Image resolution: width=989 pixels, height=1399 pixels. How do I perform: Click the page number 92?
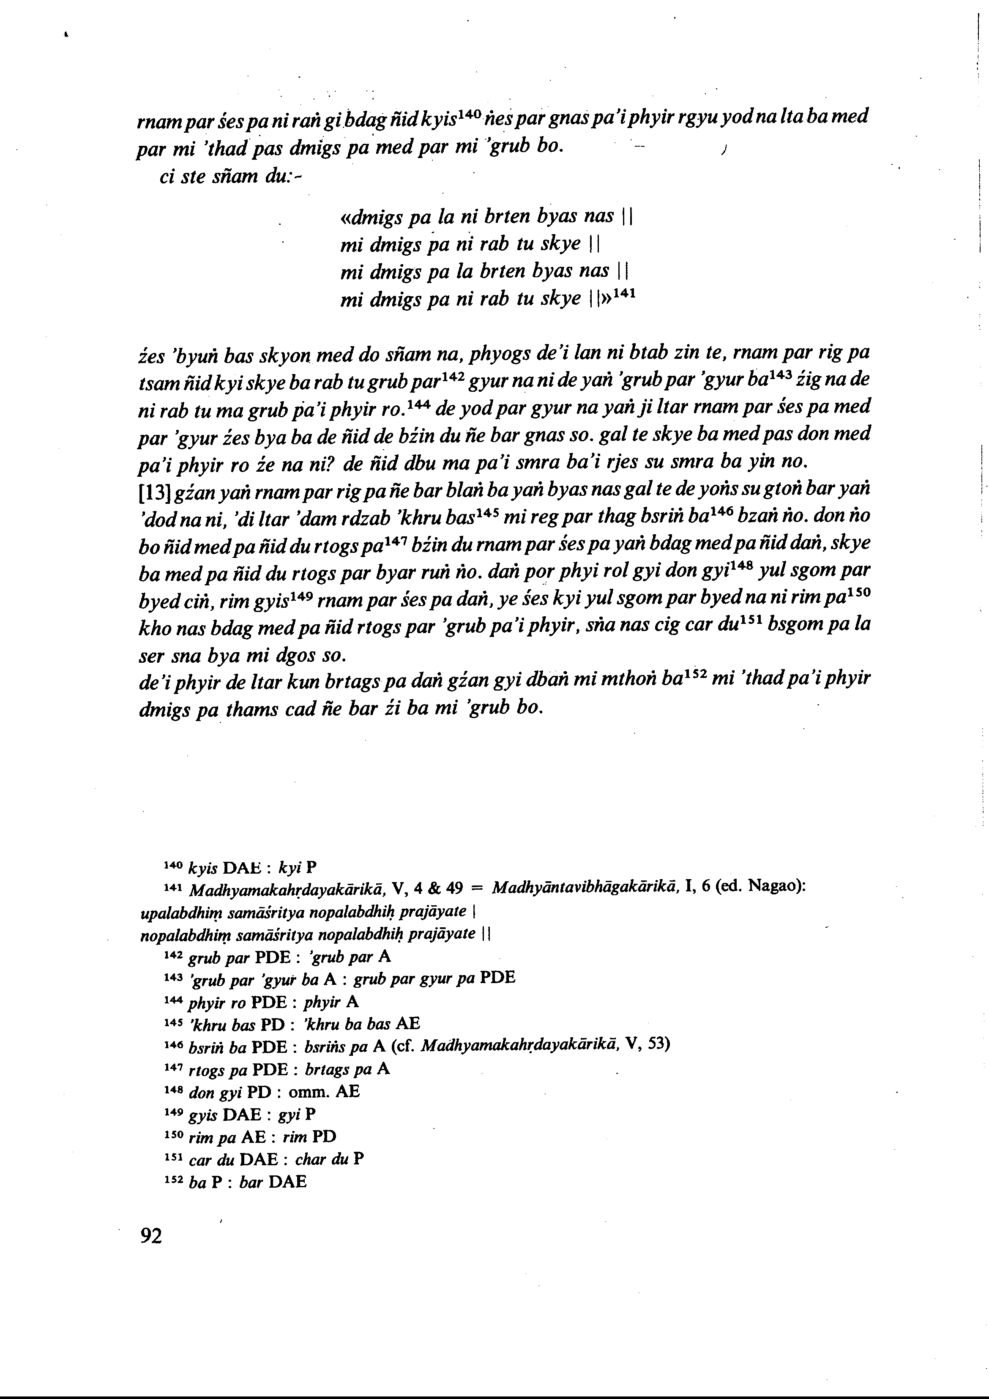point(151,1236)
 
